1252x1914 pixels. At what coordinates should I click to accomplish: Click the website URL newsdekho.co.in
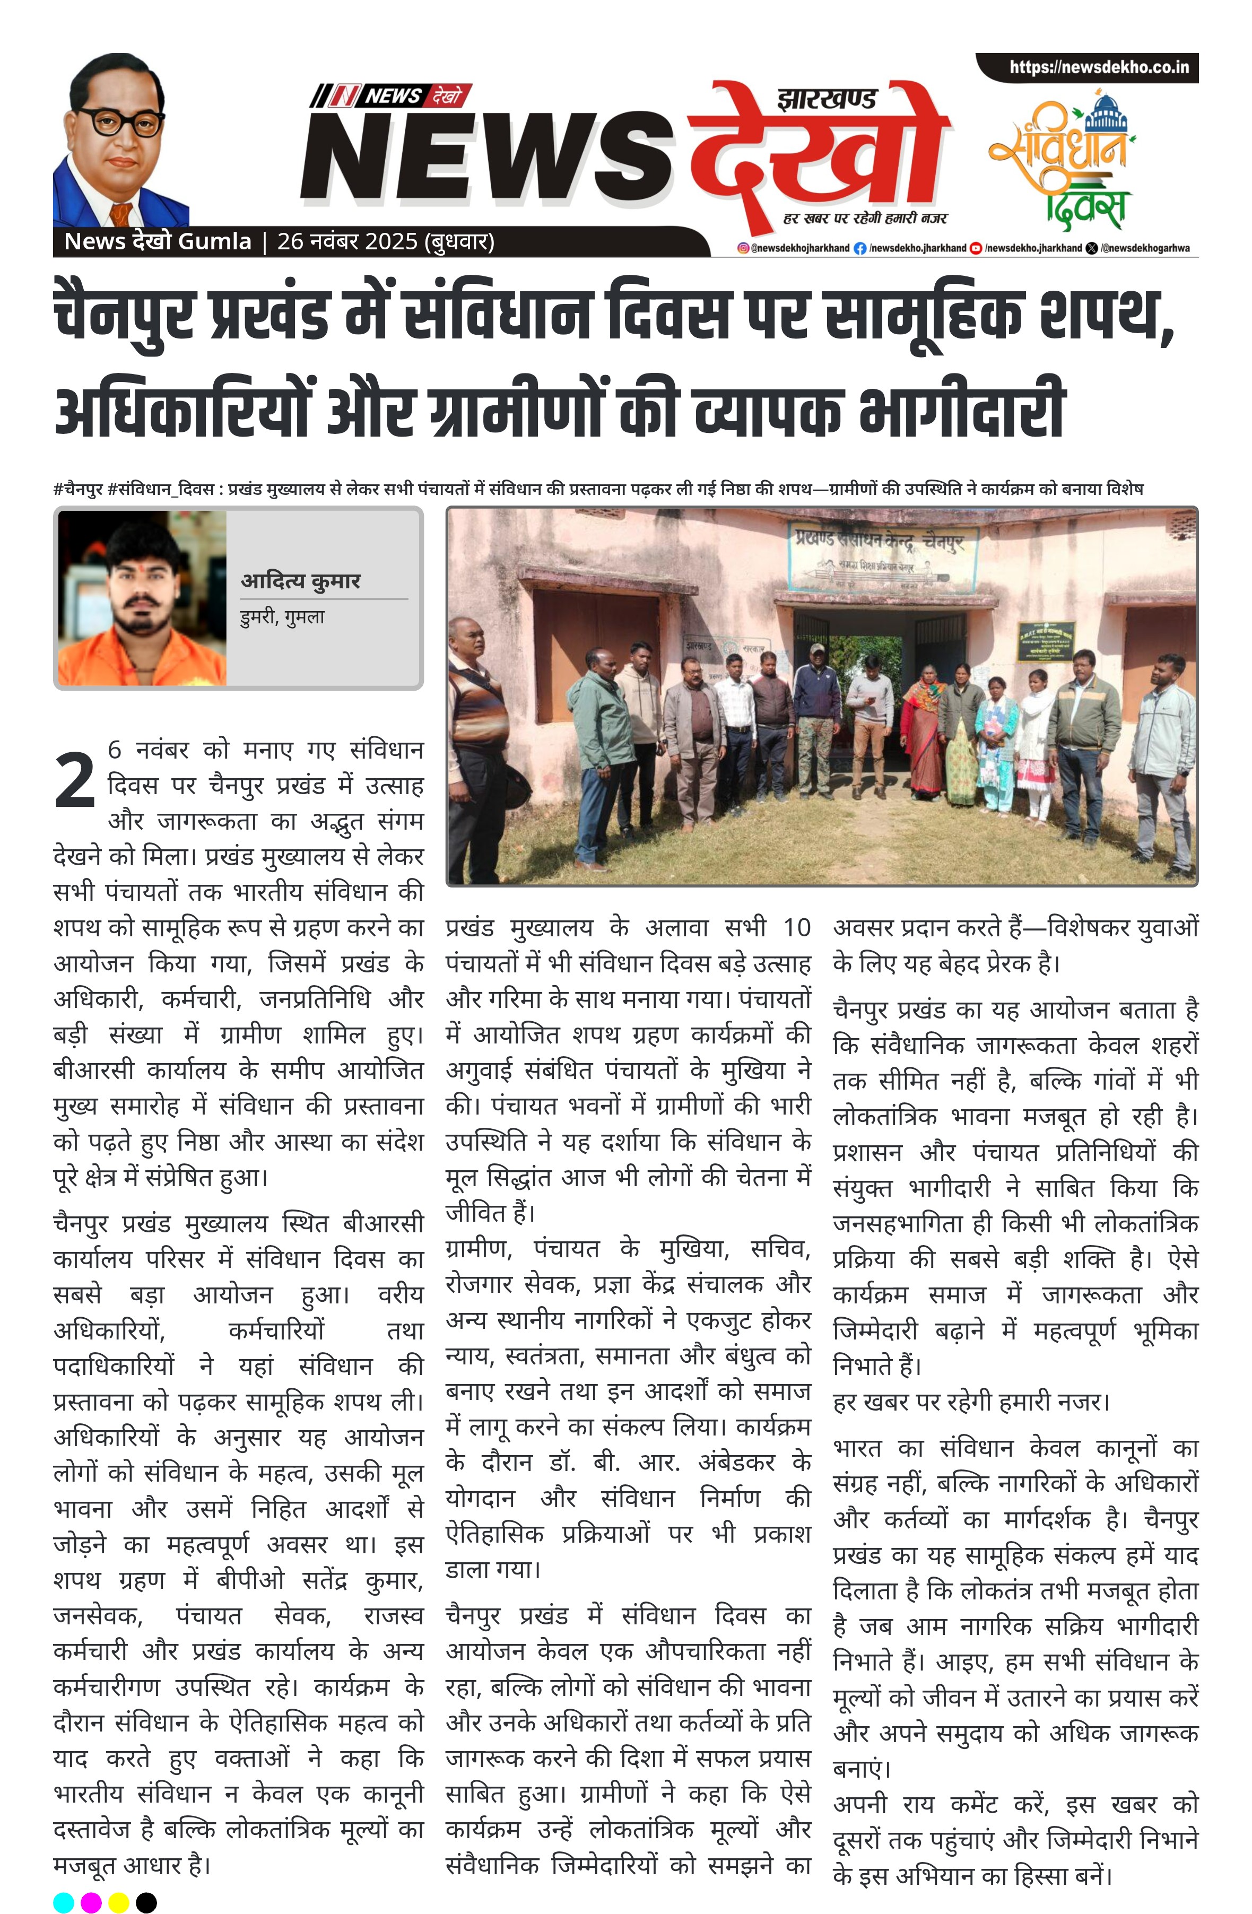coord(1098,67)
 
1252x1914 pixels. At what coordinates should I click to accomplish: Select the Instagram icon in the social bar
coord(744,248)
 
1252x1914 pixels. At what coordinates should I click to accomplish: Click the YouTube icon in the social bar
coord(976,248)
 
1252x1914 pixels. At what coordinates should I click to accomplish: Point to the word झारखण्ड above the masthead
coord(827,100)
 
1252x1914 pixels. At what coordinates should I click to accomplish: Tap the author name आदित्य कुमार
coord(301,581)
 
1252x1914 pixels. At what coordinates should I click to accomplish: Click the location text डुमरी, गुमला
coord(282,617)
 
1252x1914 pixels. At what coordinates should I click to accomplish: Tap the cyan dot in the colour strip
coord(64,1902)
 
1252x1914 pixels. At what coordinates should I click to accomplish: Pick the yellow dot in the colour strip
coord(118,1902)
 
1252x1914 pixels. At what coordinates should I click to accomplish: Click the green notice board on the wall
coord(1045,641)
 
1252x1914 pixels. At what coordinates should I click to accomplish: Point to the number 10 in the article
coord(796,928)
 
